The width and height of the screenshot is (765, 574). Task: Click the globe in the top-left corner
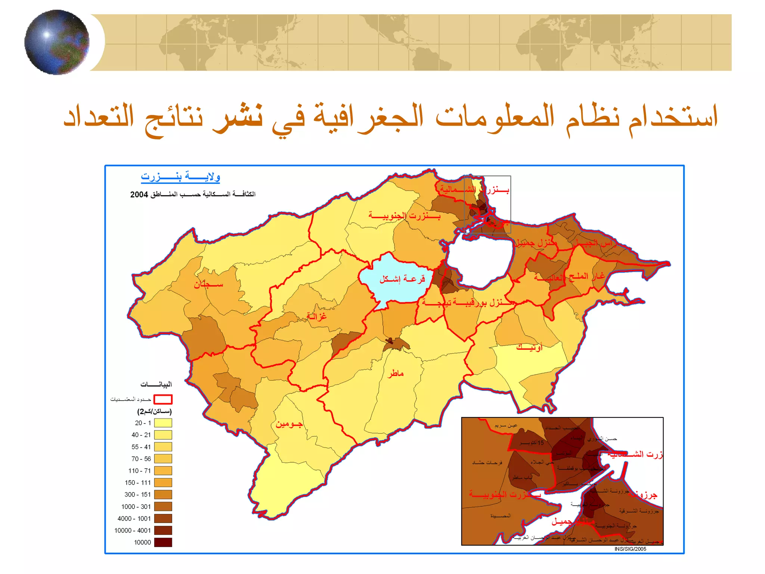click(x=57, y=42)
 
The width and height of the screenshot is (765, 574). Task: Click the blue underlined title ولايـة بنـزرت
click(x=180, y=177)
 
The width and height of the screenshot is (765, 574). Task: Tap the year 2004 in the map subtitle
click(x=139, y=195)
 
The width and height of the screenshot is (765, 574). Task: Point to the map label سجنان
click(x=208, y=285)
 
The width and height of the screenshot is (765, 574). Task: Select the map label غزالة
click(x=316, y=317)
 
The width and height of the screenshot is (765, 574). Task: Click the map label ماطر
click(x=396, y=373)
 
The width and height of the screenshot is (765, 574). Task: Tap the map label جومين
click(x=289, y=424)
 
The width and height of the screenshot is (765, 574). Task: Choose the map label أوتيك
click(x=529, y=348)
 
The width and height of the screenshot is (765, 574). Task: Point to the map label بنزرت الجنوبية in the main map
click(x=405, y=216)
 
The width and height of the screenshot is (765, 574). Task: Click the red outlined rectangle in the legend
click(x=163, y=399)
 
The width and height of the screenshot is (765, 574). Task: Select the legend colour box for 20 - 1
click(x=163, y=423)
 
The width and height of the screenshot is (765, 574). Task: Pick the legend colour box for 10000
click(x=163, y=542)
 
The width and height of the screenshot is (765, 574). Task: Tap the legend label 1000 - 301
click(x=136, y=507)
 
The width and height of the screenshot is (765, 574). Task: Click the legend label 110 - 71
click(x=139, y=471)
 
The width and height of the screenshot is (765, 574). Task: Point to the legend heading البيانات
click(x=156, y=385)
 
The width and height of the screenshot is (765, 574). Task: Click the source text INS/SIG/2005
click(x=630, y=549)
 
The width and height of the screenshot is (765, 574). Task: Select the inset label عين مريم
click(x=506, y=426)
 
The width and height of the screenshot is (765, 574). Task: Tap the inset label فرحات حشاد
click(x=487, y=463)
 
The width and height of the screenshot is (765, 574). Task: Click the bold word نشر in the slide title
click(x=238, y=117)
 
